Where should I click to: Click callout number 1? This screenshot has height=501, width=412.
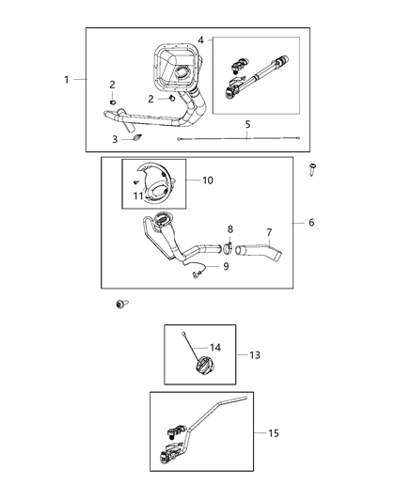(67, 79)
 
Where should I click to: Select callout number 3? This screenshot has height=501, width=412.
(114, 139)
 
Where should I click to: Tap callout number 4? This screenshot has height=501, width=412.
(200, 40)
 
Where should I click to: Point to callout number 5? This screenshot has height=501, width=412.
(247, 123)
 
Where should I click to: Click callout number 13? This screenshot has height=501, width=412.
(255, 355)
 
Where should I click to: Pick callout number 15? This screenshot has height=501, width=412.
(274, 433)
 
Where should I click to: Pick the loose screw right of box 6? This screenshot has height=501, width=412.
(313, 171)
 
